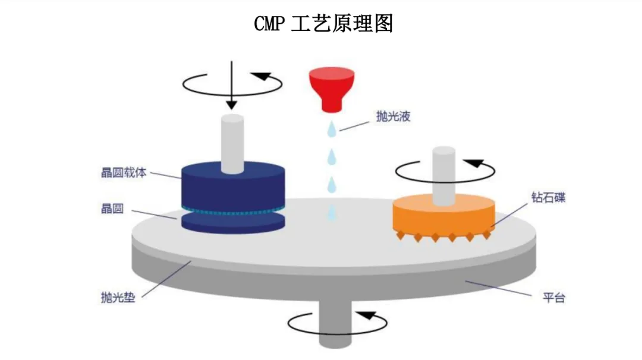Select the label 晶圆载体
[x=122, y=174]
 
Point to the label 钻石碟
[x=547, y=197]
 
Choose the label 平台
[x=553, y=298]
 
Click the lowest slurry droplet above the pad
[x=332, y=210]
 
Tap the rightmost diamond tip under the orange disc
[x=487, y=235]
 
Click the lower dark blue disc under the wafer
[x=233, y=223]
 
